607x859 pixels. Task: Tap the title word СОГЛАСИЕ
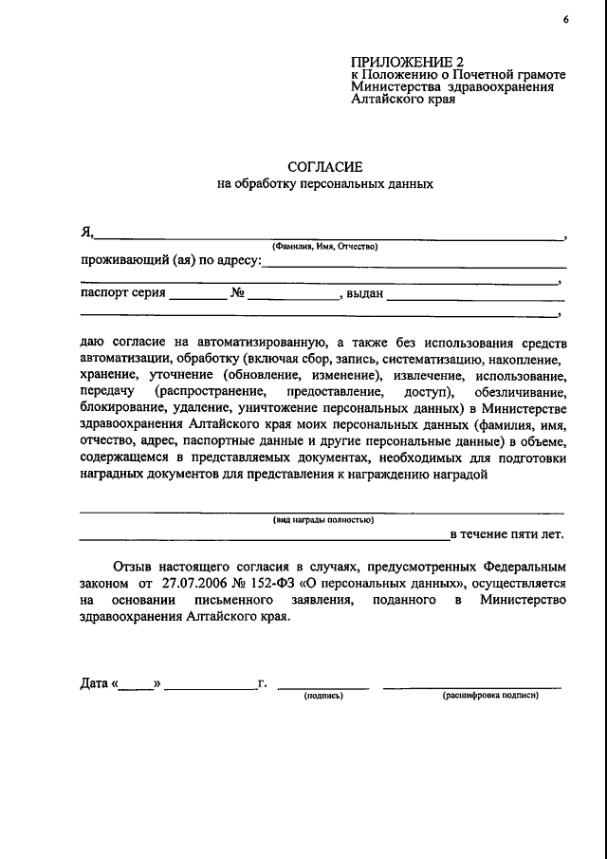click(x=324, y=166)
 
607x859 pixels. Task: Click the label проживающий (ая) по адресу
click(x=169, y=260)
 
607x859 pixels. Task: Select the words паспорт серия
click(x=122, y=293)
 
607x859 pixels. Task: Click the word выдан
click(x=364, y=293)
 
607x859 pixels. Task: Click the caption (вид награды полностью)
click(x=323, y=519)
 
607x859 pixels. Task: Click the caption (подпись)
click(x=323, y=696)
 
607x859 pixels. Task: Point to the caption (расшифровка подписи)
click(x=490, y=696)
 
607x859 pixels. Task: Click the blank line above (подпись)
click(x=323, y=685)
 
